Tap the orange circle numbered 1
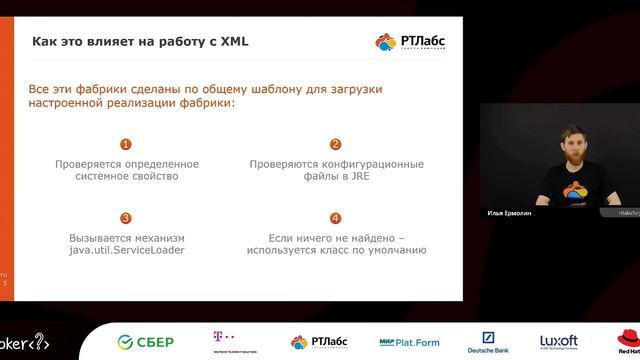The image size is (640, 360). pyautogui.click(x=125, y=144)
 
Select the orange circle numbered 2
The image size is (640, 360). pyautogui.click(x=335, y=144)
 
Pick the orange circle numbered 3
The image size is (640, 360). pyautogui.click(x=125, y=218)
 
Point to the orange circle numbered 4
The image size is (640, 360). pyautogui.click(x=335, y=218)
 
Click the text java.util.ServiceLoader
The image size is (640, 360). pyautogui.click(x=126, y=250)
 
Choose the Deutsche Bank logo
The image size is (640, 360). pyautogui.click(x=490, y=341)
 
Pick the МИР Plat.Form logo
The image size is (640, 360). pyautogui.click(x=409, y=341)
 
